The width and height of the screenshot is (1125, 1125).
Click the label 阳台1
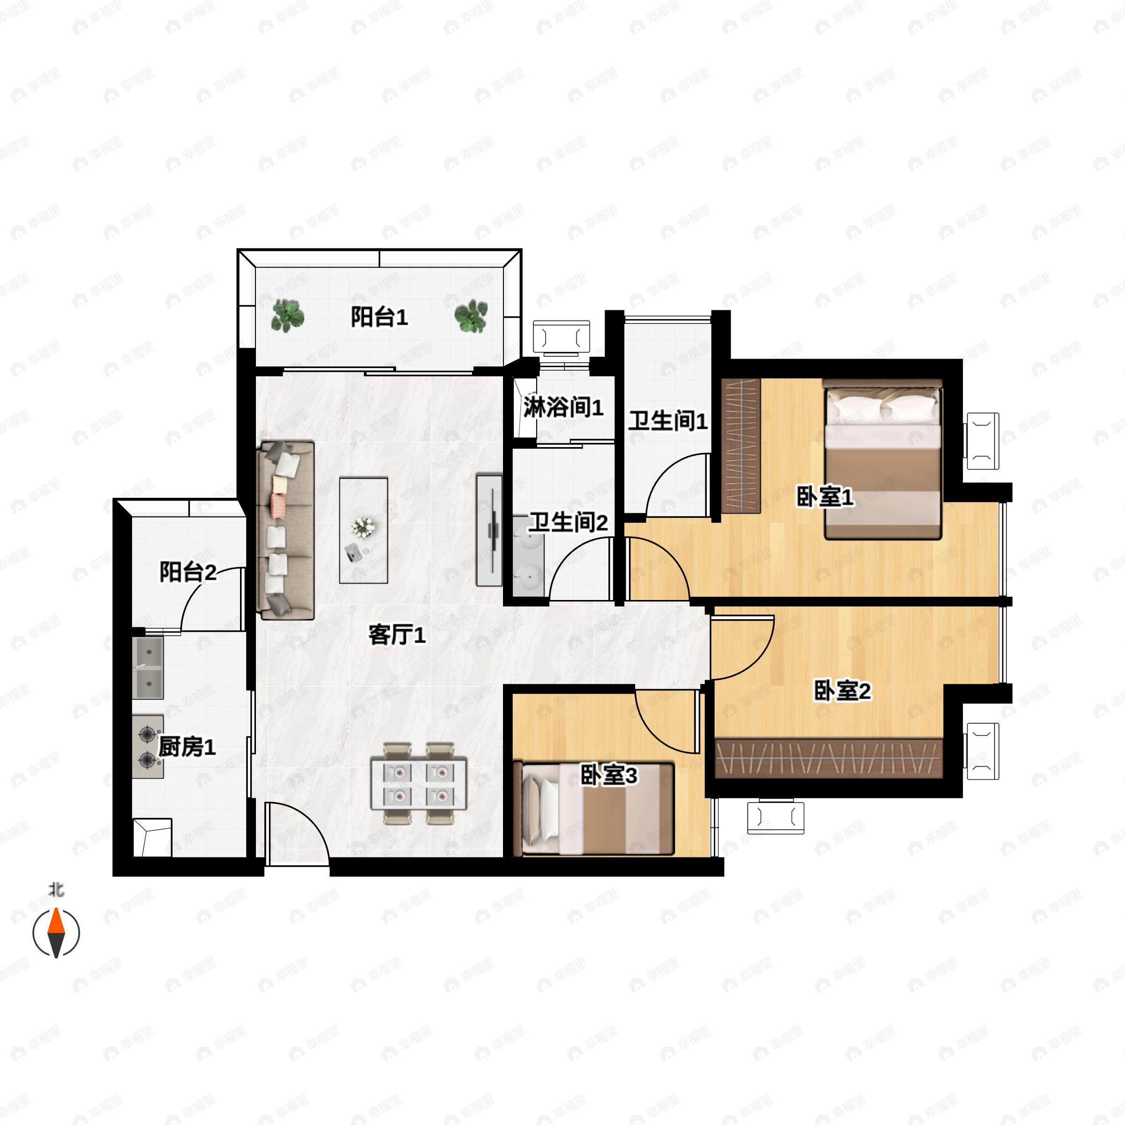pos(379,317)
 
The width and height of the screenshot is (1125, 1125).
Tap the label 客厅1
pos(397,635)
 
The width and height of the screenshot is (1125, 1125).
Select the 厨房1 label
pos(187,747)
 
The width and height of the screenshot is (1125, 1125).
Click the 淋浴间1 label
pos(563,407)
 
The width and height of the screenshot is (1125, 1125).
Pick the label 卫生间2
pos(568,522)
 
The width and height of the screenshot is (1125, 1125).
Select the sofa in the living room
pos(286,530)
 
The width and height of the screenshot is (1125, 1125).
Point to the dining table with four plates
pos(419,783)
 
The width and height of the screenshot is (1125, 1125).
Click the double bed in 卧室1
pos(882,459)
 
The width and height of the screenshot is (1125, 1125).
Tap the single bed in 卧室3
pos(593,808)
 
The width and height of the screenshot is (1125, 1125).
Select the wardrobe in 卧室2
pos(829,758)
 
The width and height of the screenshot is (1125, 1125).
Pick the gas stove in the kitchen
pos(147,747)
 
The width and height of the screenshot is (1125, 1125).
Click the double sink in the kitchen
pos(148,668)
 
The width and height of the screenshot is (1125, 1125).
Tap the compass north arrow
pos(56,933)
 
